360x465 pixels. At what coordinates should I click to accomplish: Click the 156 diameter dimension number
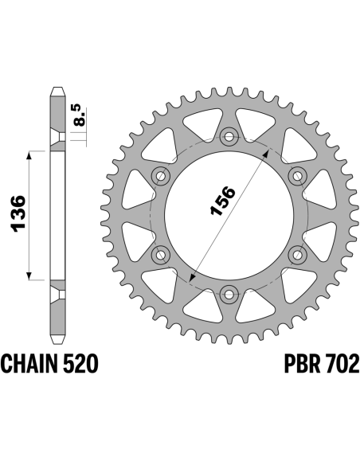222,201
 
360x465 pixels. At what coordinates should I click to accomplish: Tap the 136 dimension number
18,213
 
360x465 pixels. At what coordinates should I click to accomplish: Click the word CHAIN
29,363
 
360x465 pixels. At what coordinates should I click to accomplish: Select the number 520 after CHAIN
80,363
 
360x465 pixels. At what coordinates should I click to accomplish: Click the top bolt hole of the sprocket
229,136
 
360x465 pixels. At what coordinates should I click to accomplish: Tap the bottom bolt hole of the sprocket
229,294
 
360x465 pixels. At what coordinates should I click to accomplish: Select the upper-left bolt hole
161,176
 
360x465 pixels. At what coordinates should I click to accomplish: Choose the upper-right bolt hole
297,176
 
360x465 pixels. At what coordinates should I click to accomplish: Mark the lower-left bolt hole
161,255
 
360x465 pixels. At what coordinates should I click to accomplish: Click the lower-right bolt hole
297,255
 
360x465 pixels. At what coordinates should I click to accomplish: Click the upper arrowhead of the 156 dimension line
267,153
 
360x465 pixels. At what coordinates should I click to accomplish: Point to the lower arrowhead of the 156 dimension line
192,278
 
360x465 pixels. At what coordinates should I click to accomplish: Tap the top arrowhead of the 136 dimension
29,155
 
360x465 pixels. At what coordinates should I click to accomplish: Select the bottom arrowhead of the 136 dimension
29,276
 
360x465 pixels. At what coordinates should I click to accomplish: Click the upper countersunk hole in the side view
58,137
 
